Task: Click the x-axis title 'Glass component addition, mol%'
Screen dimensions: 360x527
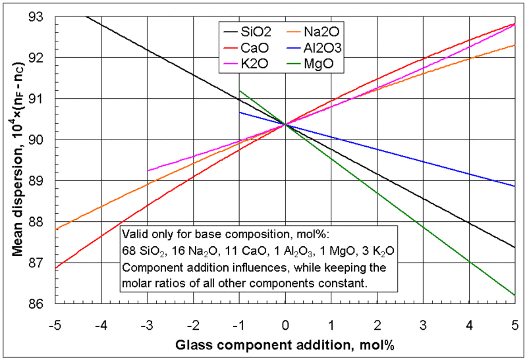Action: click(285, 344)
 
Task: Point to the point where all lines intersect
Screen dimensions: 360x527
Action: click(285, 124)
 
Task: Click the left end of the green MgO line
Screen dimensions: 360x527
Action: click(240, 91)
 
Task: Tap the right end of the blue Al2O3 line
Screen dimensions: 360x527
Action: click(514, 186)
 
